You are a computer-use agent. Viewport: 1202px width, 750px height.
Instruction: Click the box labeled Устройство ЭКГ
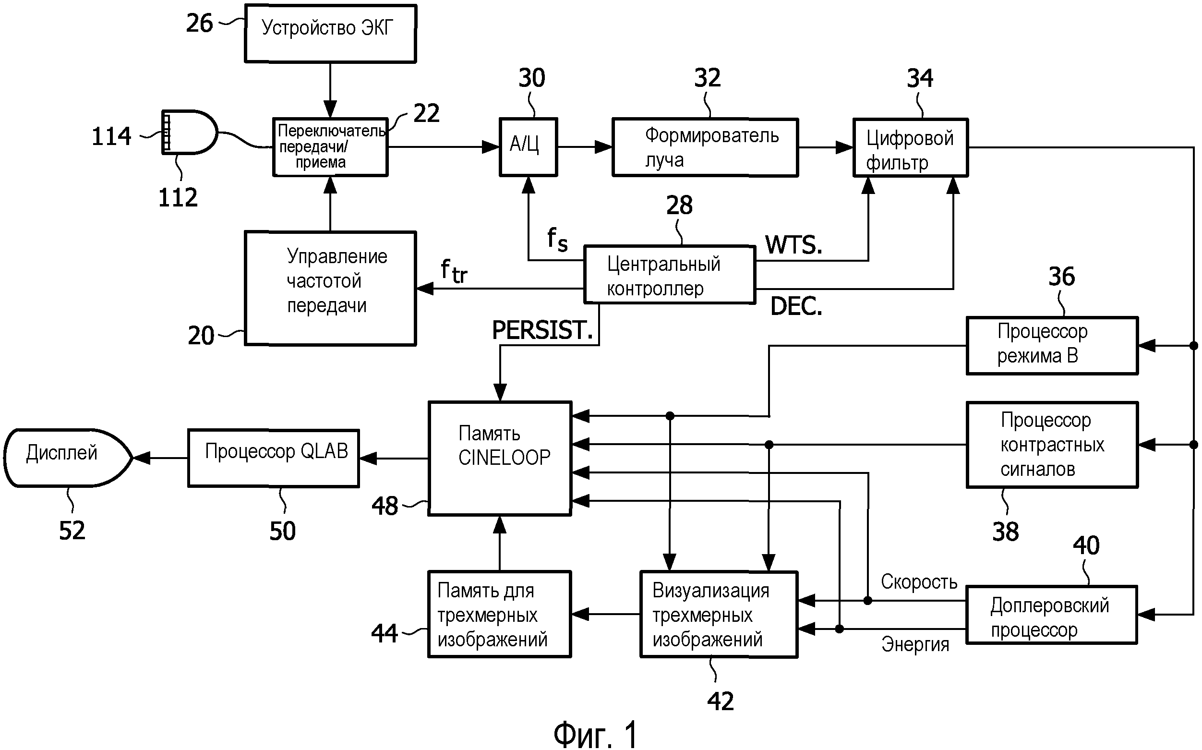pos(330,34)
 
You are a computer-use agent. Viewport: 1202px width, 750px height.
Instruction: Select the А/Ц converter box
pos(528,147)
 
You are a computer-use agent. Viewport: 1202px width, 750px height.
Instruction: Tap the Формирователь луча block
pos(705,147)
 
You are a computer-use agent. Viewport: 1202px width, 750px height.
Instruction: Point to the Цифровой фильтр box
pos(910,148)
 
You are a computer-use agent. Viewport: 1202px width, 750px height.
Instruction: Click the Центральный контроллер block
pos(670,275)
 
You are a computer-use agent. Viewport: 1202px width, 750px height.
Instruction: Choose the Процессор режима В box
pos(1052,345)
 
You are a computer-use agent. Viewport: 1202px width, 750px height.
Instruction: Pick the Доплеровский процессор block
pos(1051,615)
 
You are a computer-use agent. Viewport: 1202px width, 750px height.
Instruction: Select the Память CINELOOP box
pos(500,459)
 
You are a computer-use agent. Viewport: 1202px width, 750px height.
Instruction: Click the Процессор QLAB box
pos(274,458)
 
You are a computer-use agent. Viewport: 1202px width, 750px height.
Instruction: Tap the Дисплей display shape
pos(67,458)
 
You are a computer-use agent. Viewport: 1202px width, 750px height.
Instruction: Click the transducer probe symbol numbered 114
pos(189,133)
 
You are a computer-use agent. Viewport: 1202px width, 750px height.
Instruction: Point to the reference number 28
pos(679,206)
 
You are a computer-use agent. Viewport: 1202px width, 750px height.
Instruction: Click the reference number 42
pos(720,702)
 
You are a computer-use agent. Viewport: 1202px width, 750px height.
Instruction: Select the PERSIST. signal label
pos(542,330)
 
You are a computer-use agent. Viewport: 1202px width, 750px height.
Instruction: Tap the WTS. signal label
pos(793,245)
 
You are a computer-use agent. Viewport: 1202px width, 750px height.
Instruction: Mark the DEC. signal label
pos(796,306)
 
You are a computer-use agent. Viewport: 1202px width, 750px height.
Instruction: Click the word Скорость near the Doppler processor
pos(918,582)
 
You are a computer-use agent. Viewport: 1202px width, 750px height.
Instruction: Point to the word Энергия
pos(915,644)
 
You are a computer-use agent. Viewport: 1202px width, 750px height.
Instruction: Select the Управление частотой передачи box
pos(330,288)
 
